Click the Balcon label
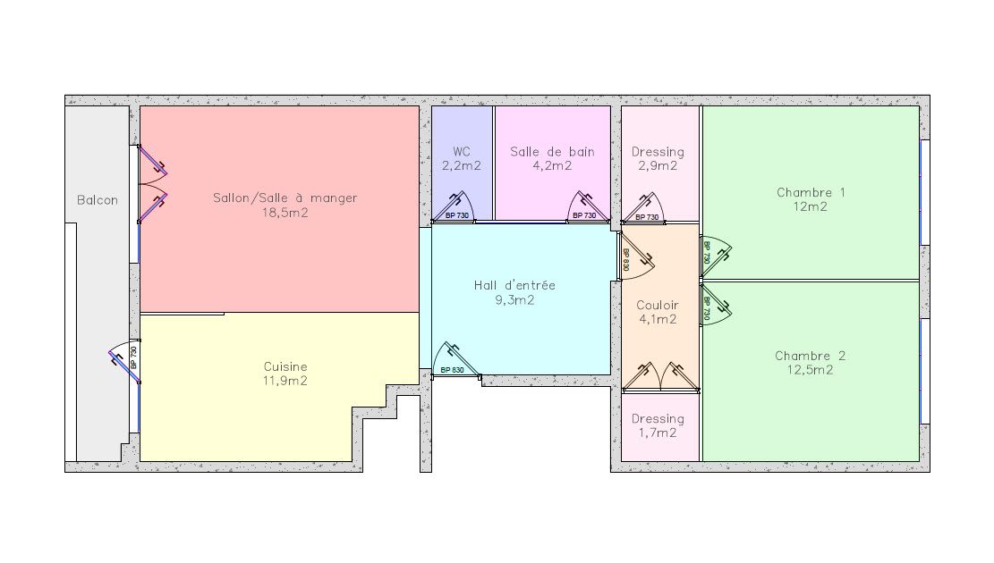coord(97,200)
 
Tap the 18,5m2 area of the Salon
coord(285,213)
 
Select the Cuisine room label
coord(285,366)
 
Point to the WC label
coord(462,151)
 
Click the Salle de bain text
coord(552,151)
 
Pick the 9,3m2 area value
coord(514,299)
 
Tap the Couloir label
coord(658,306)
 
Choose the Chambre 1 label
coord(811,192)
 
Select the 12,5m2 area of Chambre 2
coord(811,370)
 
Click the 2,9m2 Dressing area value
coord(658,166)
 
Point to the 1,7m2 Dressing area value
coord(658,433)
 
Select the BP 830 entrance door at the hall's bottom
coord(455,360)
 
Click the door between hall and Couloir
coord(635,256)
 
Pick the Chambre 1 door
coord(715,256)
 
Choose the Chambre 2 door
coord(715,306)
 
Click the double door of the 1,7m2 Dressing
coord(660,377)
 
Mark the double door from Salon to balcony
coord(153,184)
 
